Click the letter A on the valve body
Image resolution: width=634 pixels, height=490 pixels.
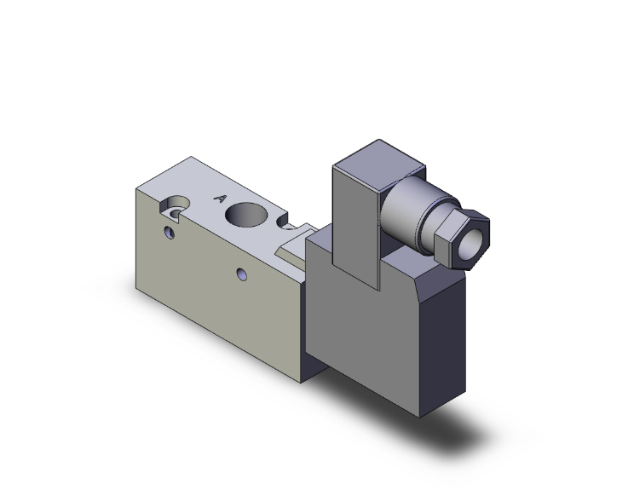tap(219, 199)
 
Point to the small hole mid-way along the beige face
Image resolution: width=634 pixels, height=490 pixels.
tap(243, 274)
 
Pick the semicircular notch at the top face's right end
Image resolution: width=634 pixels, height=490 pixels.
tap(291, 228)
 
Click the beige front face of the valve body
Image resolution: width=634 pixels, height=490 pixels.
tap(213, 290)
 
